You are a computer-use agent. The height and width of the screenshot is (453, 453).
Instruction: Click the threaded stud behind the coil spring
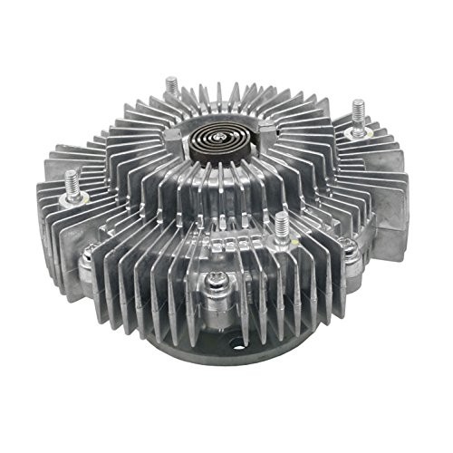click(172, 87)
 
